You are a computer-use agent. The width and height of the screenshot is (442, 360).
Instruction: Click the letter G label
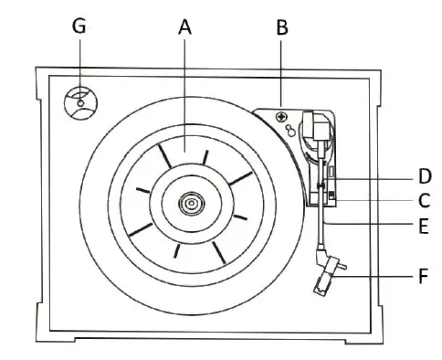pos(79,27)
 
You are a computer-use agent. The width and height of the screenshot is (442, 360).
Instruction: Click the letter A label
pos(185,27)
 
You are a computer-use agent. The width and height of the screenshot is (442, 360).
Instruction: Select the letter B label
pos(281,27)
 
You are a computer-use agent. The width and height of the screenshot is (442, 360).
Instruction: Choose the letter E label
pos(426,222)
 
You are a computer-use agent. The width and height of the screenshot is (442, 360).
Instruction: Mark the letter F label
pos(426,272)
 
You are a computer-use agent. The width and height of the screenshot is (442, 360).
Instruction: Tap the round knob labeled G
pos(80,102)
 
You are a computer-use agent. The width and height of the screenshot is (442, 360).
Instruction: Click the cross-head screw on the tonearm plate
pos(281,117)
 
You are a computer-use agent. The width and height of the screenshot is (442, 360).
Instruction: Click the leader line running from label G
pos(79,64)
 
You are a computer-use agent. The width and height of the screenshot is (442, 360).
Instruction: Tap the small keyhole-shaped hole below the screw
pos(289,132)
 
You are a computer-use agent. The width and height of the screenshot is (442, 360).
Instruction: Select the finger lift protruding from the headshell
pos(341,264)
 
